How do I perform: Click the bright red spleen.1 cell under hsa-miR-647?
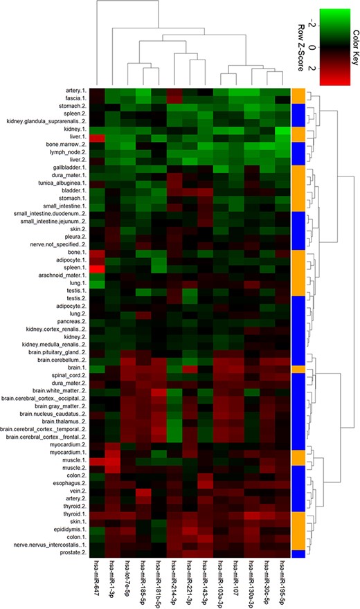pyautogui.click(x=96, y=265)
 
